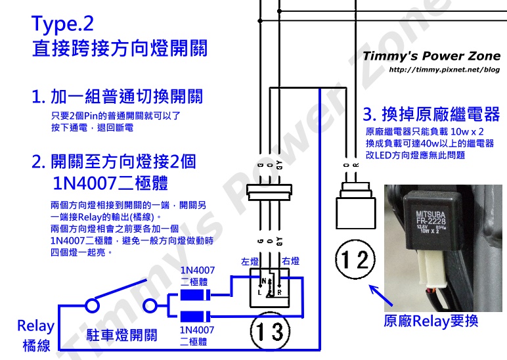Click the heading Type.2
63,24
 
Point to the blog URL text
445,70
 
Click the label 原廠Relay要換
431,321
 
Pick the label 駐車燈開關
122,336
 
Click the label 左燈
250,261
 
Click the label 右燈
290,261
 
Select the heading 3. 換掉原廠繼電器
431,114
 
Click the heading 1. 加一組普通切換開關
118,97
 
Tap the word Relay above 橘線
35,326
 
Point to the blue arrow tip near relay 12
372,287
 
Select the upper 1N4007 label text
198,271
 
